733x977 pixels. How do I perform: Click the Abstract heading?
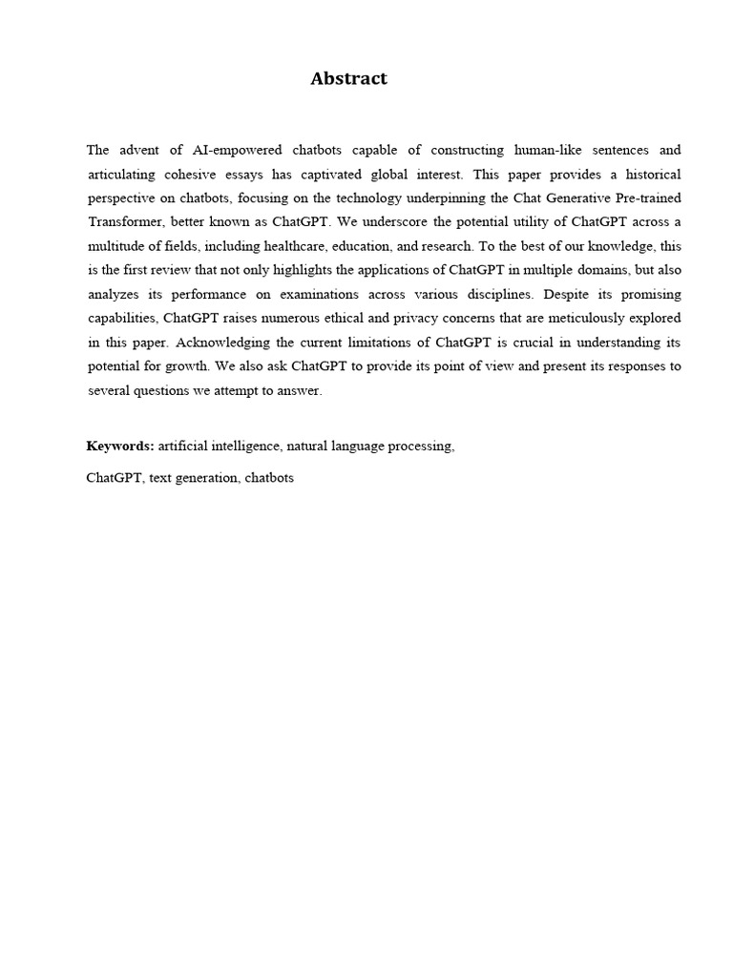coord(348,79)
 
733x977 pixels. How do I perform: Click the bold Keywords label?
coord(119,446)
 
